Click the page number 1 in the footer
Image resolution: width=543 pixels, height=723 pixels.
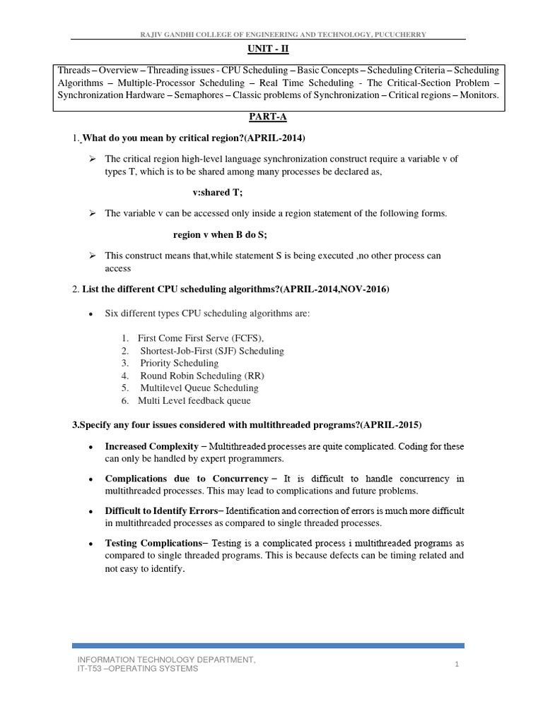457,664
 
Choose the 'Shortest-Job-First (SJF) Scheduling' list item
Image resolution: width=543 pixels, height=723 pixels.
211,351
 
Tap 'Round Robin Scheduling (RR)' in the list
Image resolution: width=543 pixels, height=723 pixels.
202,376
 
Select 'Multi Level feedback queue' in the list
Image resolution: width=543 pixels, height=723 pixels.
194,400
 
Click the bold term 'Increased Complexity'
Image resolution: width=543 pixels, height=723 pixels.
151,447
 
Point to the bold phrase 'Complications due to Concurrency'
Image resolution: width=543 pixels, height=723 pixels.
187,479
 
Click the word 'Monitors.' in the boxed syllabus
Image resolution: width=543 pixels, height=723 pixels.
479,95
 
